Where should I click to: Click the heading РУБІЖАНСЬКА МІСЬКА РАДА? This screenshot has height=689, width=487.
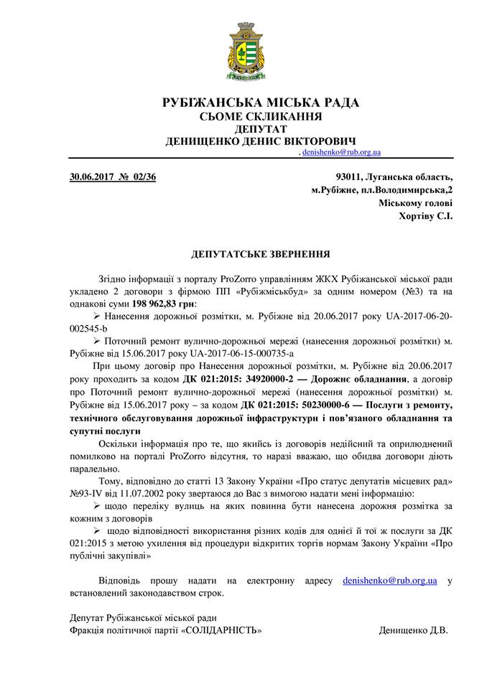coord(261,103)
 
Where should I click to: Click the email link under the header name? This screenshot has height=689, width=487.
coord(341,153)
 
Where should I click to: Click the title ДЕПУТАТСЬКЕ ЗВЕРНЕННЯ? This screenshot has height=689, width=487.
coord(261,254)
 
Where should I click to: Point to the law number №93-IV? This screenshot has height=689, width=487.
coord(89,494)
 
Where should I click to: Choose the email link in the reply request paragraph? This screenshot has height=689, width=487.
coord(390,580)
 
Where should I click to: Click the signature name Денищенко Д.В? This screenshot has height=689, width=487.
coord(413,630)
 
